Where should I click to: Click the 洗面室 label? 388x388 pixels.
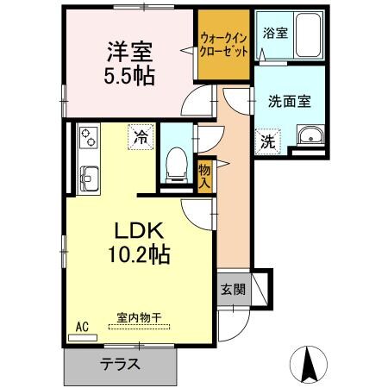point(289,101)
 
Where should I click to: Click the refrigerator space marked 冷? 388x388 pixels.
point(139,135)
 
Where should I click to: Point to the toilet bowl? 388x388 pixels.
point(177,161)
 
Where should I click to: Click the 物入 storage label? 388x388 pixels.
point(204,175)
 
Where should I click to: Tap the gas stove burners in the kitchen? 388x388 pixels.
point(89,138)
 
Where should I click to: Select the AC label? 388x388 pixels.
point(83,327)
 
